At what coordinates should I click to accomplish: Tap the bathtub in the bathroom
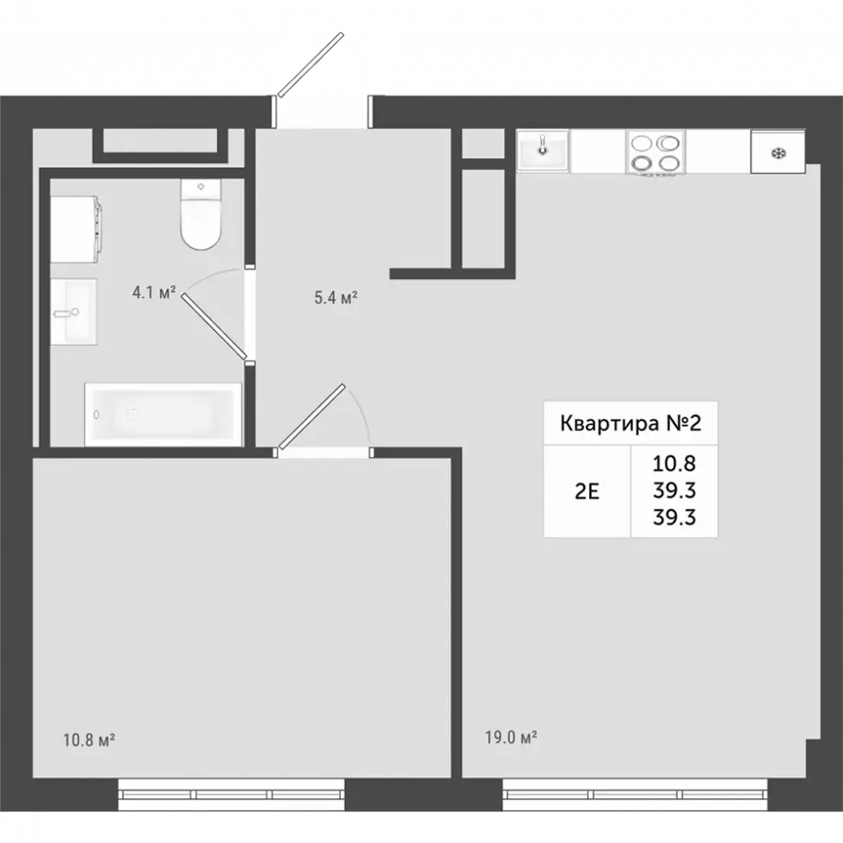(x=163, y=414)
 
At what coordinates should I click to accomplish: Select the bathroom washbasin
(x=74, y=311)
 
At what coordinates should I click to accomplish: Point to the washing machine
(x=76, y=229)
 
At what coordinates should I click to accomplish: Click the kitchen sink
(x=543, y=151)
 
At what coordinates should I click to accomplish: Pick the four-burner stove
(x=655, y=152)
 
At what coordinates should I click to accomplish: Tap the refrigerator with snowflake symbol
(x=778, y=152)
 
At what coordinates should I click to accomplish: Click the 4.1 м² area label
(x=154, y=293)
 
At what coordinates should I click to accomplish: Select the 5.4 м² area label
(x=336, y=298)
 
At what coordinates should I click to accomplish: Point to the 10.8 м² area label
(x=89, y=741)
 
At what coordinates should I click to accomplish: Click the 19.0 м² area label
(x=511, y=737)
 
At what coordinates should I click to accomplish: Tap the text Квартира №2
(x=631, y=423)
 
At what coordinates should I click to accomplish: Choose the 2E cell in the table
(x=587, y=491)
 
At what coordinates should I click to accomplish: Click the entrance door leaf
(x=311, y=65)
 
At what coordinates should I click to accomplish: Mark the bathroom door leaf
(x=214, y=326)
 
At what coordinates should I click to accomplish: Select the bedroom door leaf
(x=311, y=416)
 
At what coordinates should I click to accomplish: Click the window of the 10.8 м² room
(x=231, y=795)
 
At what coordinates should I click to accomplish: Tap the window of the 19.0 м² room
(x=636, y=795)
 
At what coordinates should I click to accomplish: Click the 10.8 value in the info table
(x=674, y=463)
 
